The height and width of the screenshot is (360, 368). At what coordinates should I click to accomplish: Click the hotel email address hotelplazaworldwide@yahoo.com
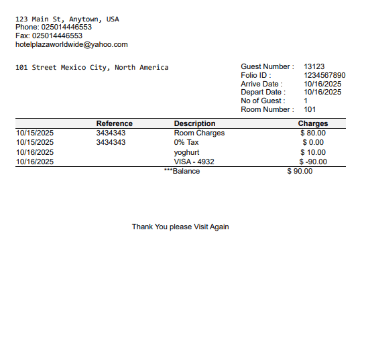tap(72, 45)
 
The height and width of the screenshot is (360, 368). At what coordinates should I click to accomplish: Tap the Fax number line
tap(49, 36)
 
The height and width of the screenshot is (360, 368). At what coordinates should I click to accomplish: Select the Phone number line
tap(54, 27)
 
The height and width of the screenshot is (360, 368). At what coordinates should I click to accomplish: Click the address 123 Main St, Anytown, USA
tap(67, 19)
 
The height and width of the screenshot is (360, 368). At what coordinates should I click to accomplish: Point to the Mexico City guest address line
tap(92, 67)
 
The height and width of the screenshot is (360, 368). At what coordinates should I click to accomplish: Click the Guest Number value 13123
tap(314, 66)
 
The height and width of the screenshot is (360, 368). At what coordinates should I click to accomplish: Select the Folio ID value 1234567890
tap(324, 75)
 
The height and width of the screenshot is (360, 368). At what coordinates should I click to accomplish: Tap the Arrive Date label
tap(261, 84)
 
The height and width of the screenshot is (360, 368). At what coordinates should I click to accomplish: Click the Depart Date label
tap(262, 93)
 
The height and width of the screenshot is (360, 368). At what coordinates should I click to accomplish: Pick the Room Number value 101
tap(310, 109)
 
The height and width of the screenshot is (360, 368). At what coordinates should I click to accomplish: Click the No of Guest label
tap(263, 101)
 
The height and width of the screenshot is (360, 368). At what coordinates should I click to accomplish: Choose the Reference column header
tap(115, 123)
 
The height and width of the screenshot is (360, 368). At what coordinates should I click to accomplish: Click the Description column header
tap(194, 123)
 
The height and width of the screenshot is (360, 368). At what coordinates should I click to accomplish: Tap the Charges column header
tap(313, 123)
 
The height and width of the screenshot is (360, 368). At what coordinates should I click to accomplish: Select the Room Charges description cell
tap(199, 133)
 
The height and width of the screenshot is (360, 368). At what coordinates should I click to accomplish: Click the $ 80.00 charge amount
tap(313, 133)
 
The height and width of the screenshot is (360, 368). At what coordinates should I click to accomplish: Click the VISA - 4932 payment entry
tap(194, 162)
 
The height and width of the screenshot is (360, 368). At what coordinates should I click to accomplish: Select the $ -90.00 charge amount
tap(313, 162)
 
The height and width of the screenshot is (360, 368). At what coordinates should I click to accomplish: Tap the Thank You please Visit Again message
tap(180, 227)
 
